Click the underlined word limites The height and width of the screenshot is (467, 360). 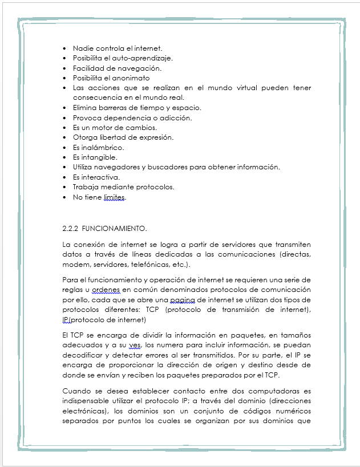[x=114, y=197]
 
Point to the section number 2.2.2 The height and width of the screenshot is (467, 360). [x=70, y=229]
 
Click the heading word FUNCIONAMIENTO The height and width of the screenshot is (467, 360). [x=115, y=229]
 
